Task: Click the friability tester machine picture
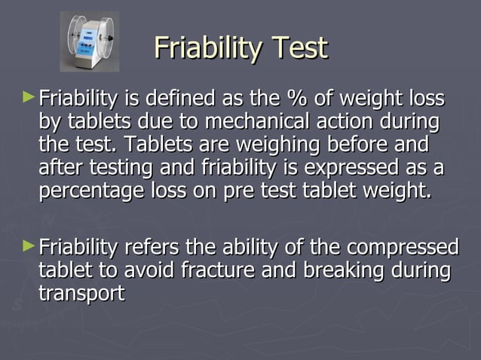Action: [90, 41]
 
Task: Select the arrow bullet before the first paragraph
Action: [29, 97]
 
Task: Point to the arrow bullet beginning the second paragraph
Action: [29, 245]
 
